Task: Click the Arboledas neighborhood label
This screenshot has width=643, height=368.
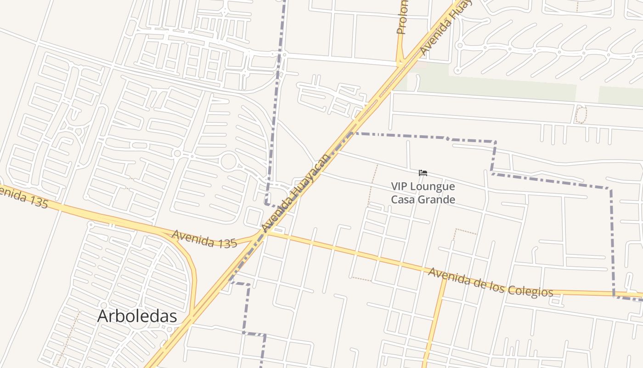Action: [x=137, y=316]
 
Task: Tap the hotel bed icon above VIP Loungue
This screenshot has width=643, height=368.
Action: [x=423, y=173]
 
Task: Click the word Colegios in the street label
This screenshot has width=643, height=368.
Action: [x=530, y=290]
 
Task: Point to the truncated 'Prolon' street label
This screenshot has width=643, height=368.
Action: [x=402, y=17]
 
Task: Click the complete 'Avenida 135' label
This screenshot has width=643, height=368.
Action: [x=204, y=239]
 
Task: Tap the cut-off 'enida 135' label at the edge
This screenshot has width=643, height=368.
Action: [x=23, y=197]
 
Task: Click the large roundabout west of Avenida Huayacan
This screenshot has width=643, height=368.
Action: [x=228, y=161]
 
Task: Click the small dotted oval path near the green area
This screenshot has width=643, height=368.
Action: [x=581, y=115]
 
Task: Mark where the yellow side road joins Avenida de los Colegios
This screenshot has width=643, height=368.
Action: [x=444, y=276]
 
